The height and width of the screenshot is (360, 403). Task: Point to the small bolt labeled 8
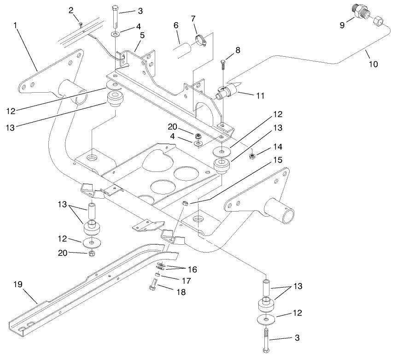[223, 64]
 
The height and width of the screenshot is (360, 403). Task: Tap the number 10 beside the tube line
[373, 64]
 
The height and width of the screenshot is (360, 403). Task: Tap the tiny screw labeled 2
[80, 24]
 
